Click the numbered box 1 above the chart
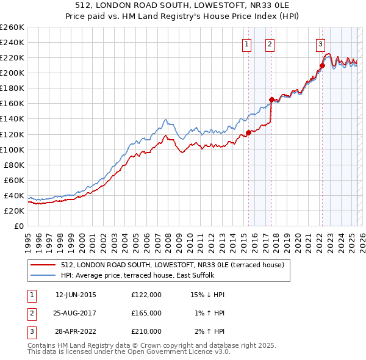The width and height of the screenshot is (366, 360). pos(247,43)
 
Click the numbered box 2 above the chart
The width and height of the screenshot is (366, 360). pos(270,43)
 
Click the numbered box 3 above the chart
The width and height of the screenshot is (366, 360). pos(320,43)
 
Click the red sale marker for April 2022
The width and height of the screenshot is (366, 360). pos(321,65)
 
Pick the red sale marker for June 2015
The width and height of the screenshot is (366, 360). pos(248,132)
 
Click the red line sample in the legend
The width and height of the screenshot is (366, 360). pos(43,265)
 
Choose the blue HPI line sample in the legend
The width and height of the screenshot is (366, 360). pos(43,275)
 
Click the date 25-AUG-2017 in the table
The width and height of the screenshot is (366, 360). pos(76,313)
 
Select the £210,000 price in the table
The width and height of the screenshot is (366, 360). pos(146,331)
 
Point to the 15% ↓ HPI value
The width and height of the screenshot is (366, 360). pos(208,295)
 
